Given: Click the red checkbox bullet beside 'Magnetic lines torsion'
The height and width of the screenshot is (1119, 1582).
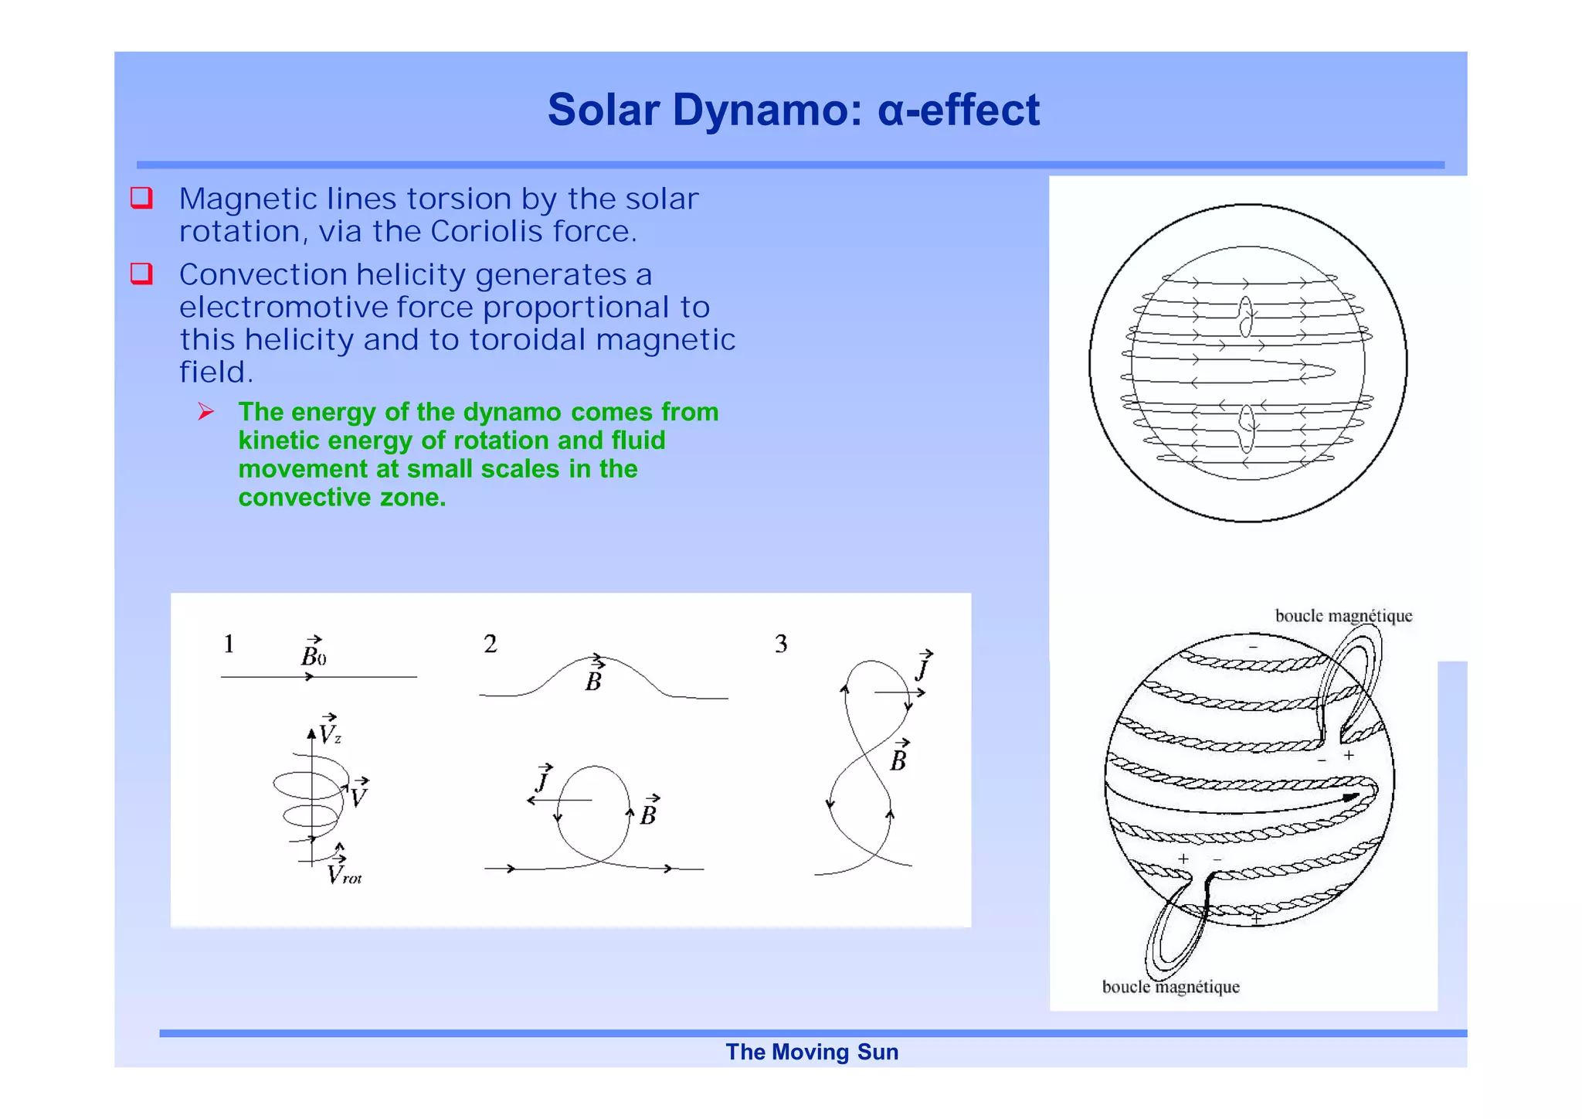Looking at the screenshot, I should point(141,198).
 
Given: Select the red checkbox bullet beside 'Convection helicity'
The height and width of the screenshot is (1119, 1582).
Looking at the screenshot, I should point(141,274).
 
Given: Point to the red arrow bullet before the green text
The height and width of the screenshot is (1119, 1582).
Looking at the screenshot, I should point(205,412).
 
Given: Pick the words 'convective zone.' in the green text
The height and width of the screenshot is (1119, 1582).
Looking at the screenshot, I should point(341,498).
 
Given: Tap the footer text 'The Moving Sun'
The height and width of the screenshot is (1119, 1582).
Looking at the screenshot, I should point(811,1052).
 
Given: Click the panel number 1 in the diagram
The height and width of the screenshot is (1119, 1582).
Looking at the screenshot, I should point(229,644).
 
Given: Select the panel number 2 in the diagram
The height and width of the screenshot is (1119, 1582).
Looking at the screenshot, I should point(490,644).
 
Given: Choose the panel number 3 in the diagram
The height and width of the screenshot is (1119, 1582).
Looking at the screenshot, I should point(781,644).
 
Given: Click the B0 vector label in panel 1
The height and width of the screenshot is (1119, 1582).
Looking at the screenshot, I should point(314,654).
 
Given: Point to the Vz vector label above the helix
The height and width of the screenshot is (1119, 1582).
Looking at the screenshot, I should point(330,730).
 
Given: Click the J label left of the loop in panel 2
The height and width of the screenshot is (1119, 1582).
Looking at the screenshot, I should point(544,778).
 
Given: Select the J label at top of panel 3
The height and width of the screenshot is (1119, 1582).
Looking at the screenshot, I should point(923,665).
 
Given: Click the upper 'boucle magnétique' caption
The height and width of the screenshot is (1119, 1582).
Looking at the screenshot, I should point(1343,616).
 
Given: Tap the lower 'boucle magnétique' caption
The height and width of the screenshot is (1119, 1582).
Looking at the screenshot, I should point(1170,987).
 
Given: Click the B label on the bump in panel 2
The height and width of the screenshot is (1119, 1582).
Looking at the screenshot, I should point(594,678).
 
